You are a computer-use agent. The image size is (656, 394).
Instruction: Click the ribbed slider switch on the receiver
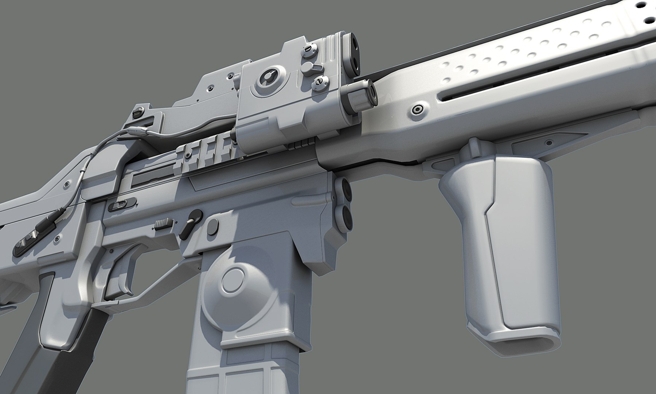coord(164,224)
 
